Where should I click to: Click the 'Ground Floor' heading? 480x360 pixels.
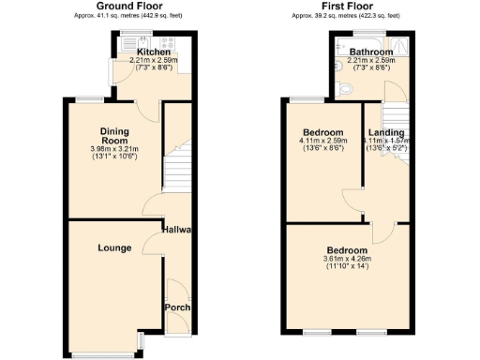point(127,7)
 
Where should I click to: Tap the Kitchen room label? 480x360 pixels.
point(154,52)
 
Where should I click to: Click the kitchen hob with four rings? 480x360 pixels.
point(172,42)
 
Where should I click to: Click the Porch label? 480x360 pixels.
point(177,307)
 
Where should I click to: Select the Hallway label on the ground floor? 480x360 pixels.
point(177,231)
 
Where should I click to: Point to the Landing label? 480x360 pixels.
point(385,132)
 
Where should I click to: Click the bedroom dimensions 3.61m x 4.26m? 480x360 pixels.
point(347,259)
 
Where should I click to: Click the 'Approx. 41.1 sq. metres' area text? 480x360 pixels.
point(127,16)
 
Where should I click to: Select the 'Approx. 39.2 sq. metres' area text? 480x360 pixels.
point(345,16)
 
